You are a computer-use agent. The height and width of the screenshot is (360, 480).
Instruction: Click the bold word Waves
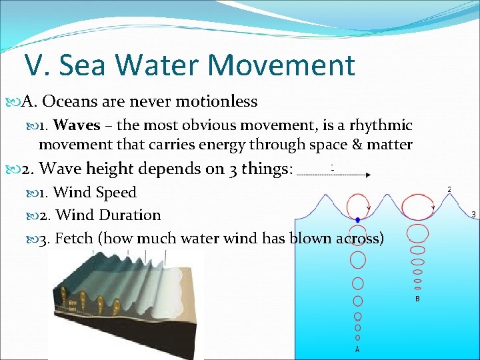click(77, 125)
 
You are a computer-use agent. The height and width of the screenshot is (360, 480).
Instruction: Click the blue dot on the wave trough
click(357, 219)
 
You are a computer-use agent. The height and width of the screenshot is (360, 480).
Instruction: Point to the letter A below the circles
click(357, 349)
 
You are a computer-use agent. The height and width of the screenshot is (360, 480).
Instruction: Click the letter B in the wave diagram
click(417, 299)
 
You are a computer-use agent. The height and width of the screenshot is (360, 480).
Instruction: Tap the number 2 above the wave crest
click(449, 190)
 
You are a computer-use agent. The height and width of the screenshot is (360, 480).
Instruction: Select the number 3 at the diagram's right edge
click(473, 215)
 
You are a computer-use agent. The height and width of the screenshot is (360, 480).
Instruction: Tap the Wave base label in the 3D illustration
click(71, 306)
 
